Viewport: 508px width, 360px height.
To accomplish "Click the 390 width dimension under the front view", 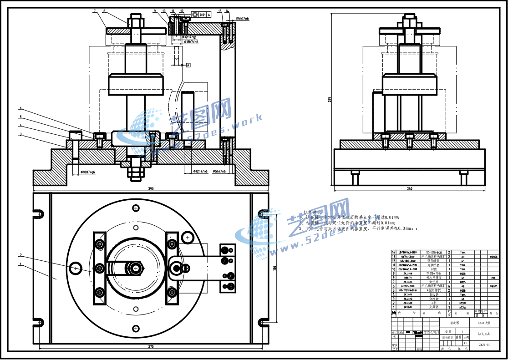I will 150,188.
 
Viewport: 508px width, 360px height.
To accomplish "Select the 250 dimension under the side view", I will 410,188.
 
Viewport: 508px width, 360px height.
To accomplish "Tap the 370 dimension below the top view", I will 151,346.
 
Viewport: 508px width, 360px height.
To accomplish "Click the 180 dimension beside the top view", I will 274,268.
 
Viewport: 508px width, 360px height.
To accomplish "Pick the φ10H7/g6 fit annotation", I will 87,172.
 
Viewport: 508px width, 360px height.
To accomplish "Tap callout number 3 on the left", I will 21,134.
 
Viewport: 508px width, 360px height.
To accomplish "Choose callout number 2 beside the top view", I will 21,255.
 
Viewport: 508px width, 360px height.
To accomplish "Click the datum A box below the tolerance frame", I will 188,65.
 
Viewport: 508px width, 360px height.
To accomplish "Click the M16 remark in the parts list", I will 493,277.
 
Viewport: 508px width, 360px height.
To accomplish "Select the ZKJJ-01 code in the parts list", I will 407,307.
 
